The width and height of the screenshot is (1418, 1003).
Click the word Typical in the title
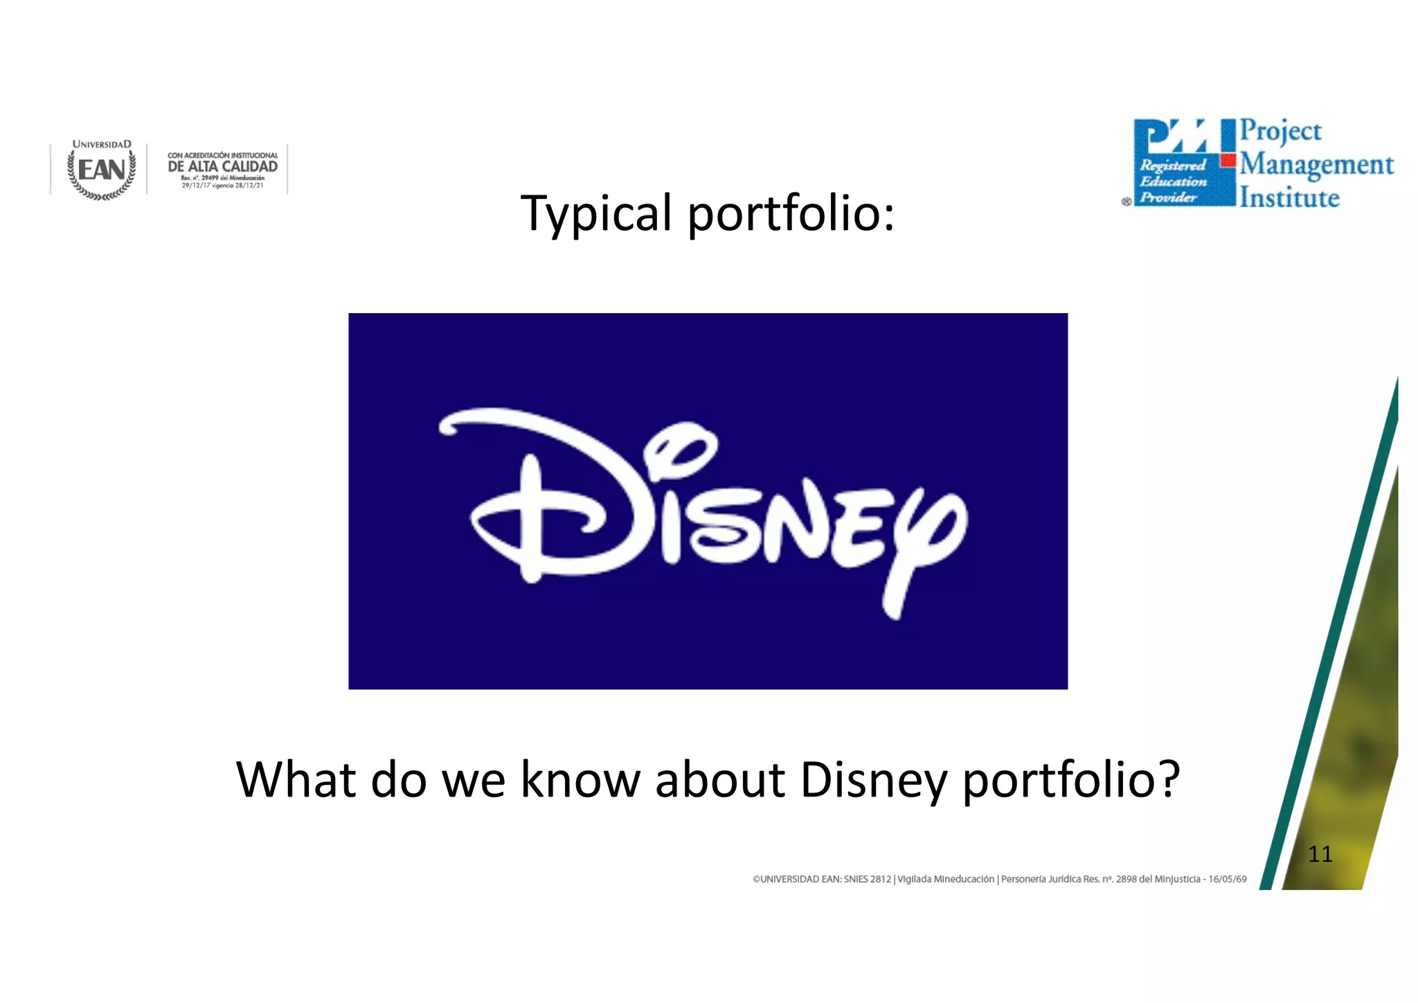pyautogui.click(x=595, y=214)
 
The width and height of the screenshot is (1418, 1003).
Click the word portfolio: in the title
pyautogui.click(x=791, y=214)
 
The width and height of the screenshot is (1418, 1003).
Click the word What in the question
pyautogui.click(x=296, y=780)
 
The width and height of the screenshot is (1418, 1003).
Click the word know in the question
pyautogui.click(x=580, y=780)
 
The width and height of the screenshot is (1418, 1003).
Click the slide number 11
pyautogui.click(x=1320, y=854)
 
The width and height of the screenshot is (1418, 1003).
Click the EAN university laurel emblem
pyautogui.click(x=102, y=170)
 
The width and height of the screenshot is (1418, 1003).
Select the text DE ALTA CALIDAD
pyautogui.click(x=222, y=166)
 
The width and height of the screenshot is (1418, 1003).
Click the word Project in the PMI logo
pyautogui.click(x=1280, y=131)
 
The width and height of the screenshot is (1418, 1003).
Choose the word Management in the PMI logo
pyautogui.click(x=1316, y=165)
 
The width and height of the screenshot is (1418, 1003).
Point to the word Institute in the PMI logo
pyautogui.click(x=1289, y=198)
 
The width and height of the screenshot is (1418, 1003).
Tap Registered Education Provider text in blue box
pyautogui.click(x=1172, y=181)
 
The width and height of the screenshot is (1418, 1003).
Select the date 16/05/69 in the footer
pyautogui.click(x=1227, y=879)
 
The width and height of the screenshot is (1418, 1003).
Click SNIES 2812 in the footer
pyautogui.click(x=867, y=879)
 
